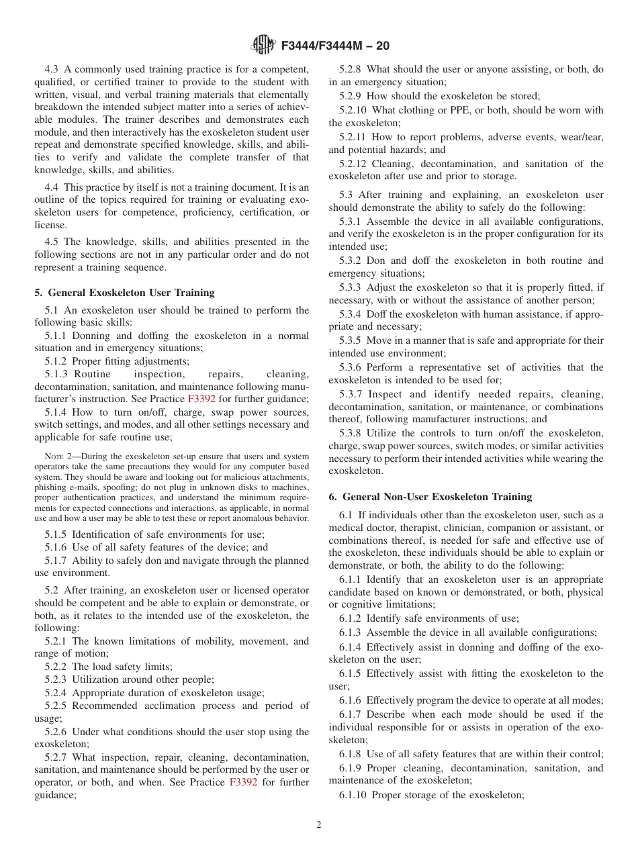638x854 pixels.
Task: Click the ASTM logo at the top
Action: point(263,46)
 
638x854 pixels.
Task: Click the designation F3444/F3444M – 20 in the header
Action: point(335,46)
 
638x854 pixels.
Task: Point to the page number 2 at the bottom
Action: point(319,825)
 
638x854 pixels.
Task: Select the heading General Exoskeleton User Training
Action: point(124,293)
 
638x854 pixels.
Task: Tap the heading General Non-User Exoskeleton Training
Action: point(430,497)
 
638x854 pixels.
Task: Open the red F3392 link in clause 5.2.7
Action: point(243,782)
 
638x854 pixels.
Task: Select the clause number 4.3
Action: point(52,69)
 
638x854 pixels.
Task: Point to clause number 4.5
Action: point(52,242)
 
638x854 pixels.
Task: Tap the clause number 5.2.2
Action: point(56,667)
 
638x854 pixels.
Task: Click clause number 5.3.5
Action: point(350,340)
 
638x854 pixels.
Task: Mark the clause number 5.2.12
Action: point(353,164)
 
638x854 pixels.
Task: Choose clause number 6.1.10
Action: point(353,795)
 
